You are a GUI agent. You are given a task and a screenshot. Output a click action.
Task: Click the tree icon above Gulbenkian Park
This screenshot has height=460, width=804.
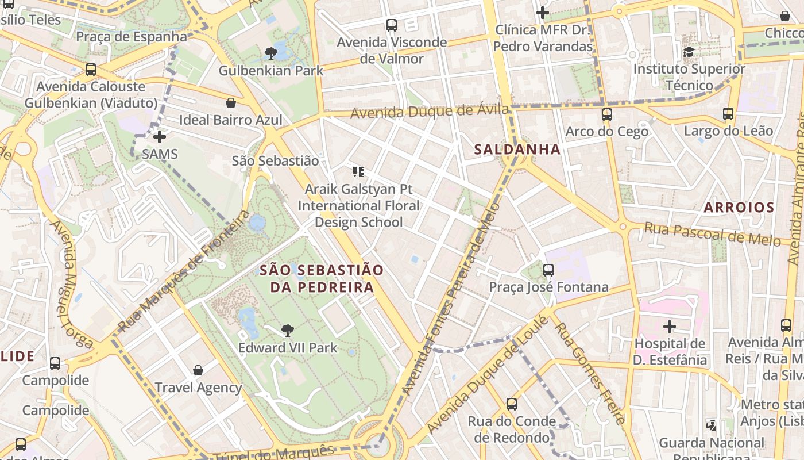(271, 53)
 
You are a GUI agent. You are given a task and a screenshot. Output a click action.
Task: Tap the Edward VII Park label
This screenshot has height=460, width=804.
(288, 348)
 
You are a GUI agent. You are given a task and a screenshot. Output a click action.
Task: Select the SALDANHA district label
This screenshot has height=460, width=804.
(517, 149)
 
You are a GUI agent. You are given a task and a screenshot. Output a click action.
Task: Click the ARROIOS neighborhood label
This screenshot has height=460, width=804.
(739, 208)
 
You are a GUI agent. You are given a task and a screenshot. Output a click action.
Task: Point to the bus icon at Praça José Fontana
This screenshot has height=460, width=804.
(548, 270)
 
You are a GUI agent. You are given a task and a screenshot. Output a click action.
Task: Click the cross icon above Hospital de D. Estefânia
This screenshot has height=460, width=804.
(670, 327)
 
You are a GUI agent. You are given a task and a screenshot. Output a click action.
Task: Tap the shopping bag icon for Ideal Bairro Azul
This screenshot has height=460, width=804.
(231, 103)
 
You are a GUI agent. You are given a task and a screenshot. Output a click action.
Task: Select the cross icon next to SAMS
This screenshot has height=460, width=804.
(160, 137)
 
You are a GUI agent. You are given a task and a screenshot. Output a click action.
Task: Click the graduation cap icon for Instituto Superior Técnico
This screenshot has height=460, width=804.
(689, 52)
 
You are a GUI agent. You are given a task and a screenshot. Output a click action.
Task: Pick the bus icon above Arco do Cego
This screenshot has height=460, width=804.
(607, 114)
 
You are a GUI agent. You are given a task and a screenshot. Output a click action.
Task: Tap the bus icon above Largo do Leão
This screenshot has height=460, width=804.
(728, 113)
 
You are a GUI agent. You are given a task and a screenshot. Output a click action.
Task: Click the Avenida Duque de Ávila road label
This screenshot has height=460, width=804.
(430, 112)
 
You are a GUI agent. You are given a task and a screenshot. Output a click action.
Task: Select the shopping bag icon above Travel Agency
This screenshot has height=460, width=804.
(198, 370)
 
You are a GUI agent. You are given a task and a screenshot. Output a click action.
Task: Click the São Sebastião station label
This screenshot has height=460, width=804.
(275, 161)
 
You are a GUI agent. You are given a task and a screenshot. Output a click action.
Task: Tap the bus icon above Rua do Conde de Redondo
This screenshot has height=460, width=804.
(512, 404)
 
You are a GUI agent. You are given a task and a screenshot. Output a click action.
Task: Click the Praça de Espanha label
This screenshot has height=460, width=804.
(132, 37)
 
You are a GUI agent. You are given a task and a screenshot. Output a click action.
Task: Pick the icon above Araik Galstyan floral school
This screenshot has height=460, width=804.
(358, 171)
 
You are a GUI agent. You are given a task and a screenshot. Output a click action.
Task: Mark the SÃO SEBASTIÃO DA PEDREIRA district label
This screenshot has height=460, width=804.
(321, 278)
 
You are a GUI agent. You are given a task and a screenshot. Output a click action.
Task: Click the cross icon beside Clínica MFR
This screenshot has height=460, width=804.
(543, 12)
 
